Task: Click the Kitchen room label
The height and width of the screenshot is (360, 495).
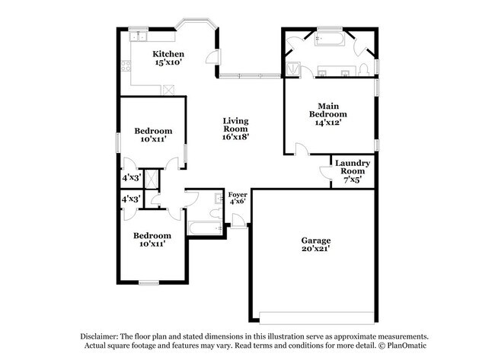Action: click(x=168, y=54)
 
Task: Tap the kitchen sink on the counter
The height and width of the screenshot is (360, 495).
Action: click(x=138, y=36)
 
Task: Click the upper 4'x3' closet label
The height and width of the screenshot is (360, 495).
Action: click(x=132, y=177)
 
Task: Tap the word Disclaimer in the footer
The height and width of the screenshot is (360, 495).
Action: click(x=101, y=336)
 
